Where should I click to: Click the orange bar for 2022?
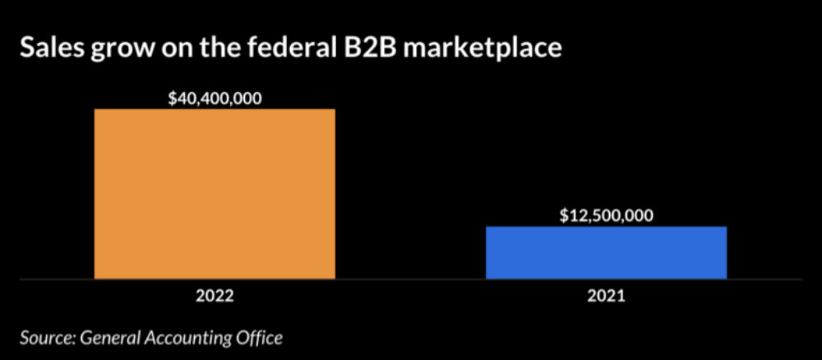[215, 194]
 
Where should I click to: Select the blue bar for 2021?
[606, 252]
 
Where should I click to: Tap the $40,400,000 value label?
[215, 98]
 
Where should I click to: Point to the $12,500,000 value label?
[607, 215]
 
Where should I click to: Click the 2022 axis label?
[215, 297]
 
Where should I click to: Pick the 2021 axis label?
[607, 297]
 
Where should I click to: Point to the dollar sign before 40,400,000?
[172, 98]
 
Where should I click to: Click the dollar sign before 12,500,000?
[563, 215]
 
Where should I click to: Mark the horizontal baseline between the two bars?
[410, 279]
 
